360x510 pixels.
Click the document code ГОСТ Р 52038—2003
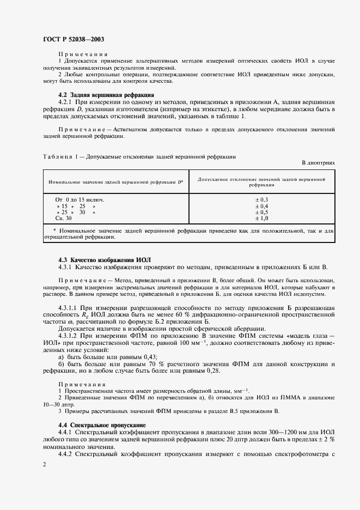click(74, 39)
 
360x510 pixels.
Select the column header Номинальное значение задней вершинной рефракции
click(115, 181)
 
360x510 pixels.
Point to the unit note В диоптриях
click(318, 162)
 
